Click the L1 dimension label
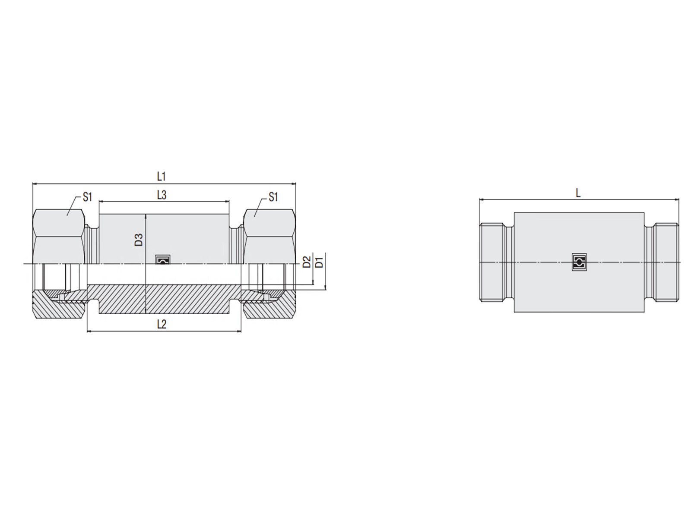161,177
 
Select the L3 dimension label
162,195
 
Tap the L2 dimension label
162,324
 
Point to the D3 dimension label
139,240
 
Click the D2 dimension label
307,262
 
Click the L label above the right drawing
578,193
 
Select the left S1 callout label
87,197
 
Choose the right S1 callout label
273,197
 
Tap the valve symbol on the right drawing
579,262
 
